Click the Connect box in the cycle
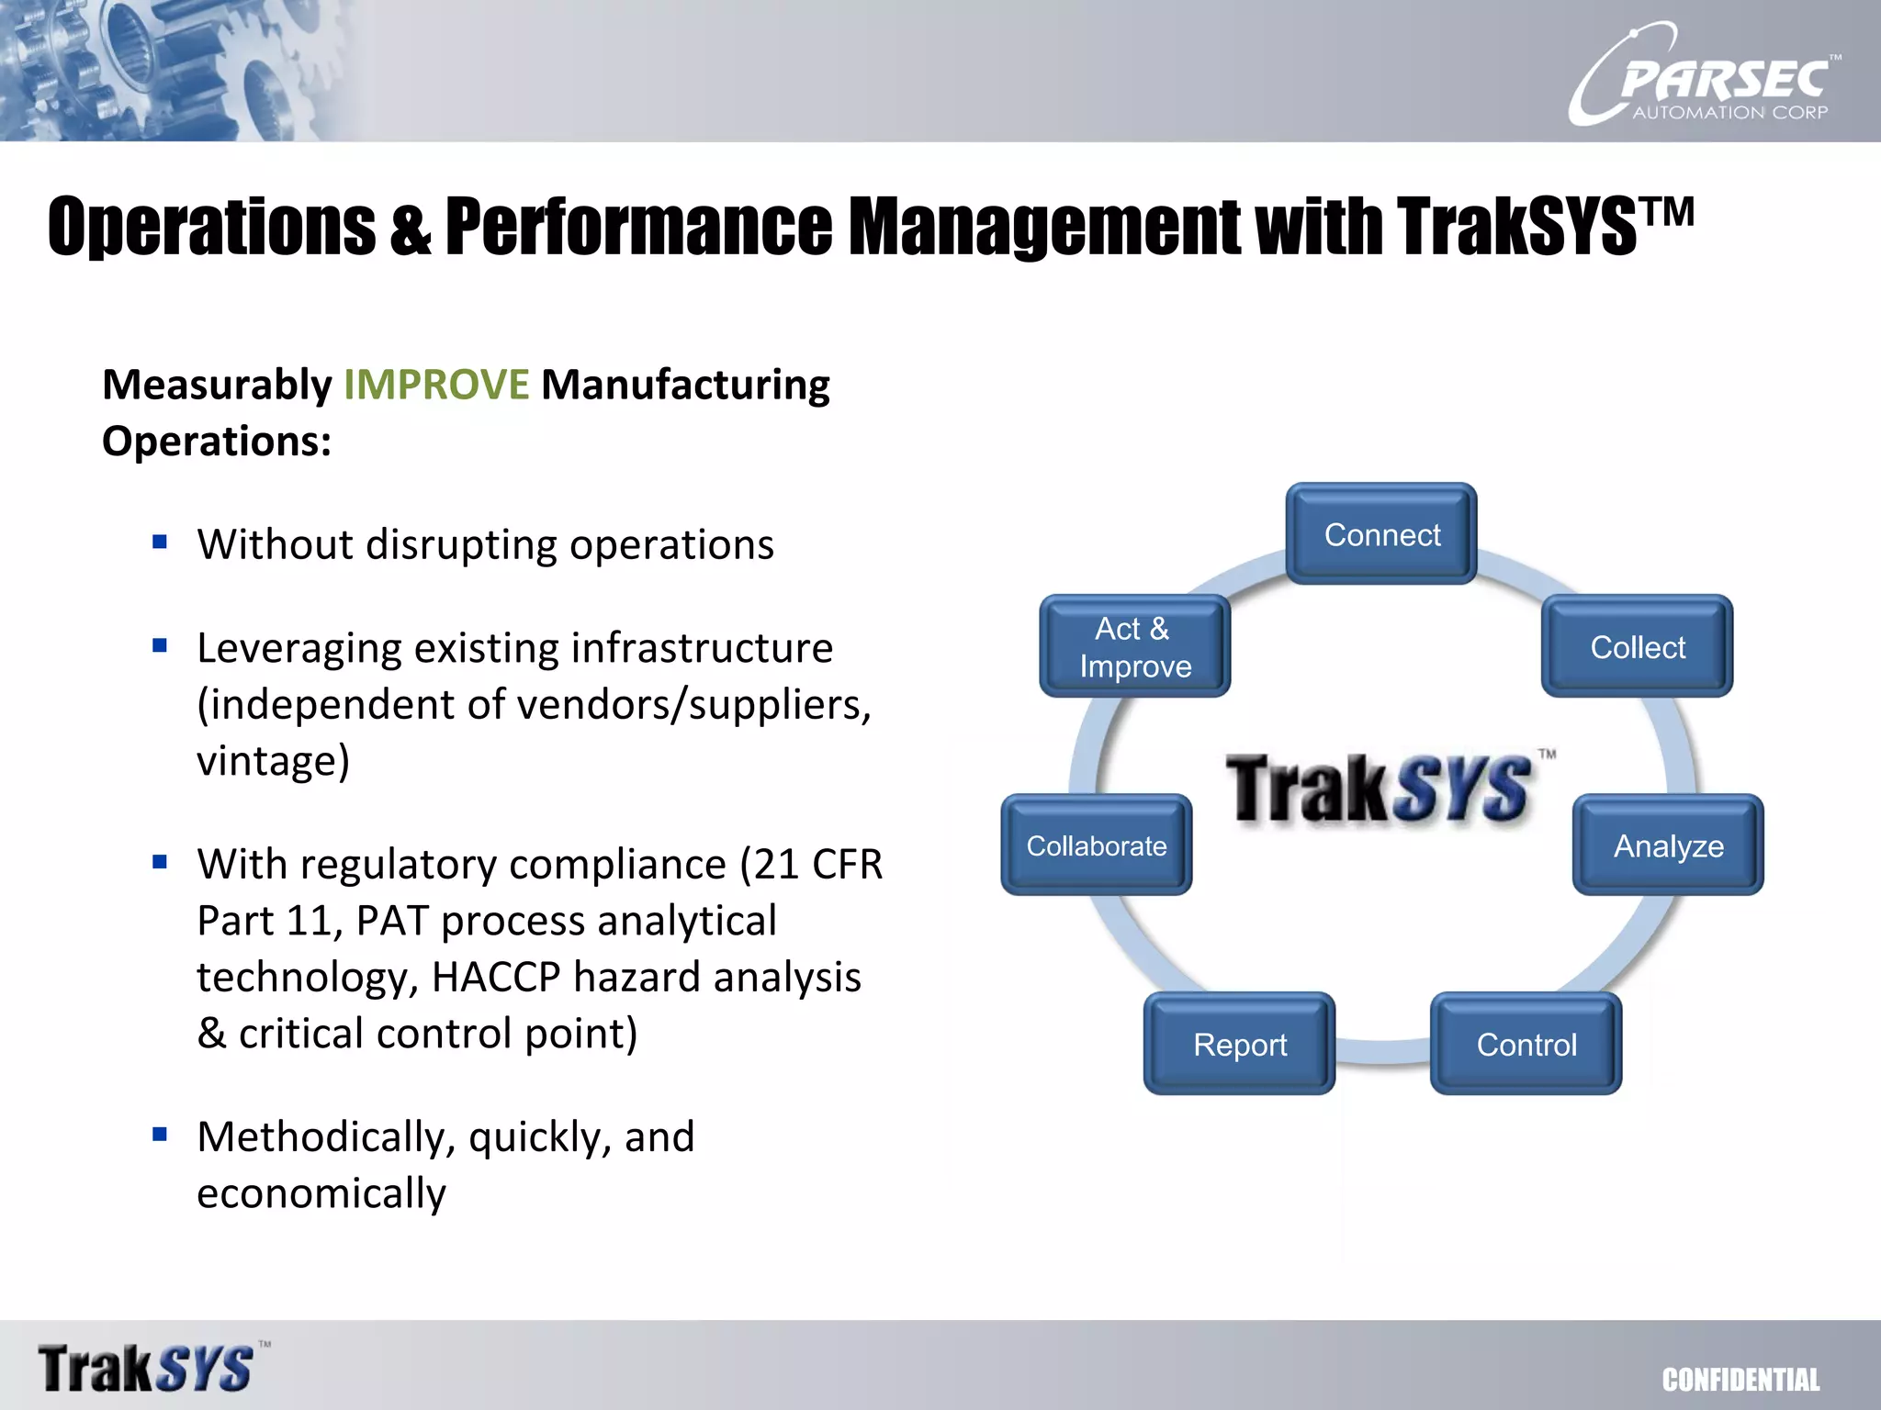[x=1381, y=534]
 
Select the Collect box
[x=1637, y=647]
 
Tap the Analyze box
[x=1668, y=845]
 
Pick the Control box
[x=1526, y=1045]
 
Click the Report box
[x=1239, y=1045]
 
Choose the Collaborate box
[x=1096, y=845]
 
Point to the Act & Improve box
[x=1134, y=647]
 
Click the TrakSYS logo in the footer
[x=147, y=1368]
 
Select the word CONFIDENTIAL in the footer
[x=1740, y=1380]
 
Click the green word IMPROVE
[x=436, y=385]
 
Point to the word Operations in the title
[x=211, y=227]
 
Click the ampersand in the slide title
[x=410, y=230]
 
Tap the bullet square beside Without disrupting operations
[x=160, y=542]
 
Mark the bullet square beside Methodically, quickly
[x=160, y=1135]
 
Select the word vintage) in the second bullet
[x=273, y=761]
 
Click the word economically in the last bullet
[x=321, y=1193]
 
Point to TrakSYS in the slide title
[x=1515, y=227]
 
